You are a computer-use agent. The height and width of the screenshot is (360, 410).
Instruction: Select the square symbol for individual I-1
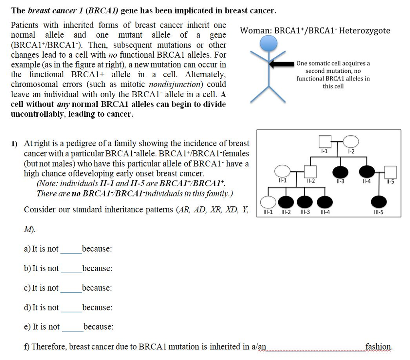point(325,142)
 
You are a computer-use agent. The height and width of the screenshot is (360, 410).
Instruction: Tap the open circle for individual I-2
point(351,142)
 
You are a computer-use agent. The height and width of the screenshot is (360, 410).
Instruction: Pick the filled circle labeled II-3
point(340,172)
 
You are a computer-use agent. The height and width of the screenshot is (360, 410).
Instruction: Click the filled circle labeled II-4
point(367,172)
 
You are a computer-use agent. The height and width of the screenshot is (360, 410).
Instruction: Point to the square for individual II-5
point(390,172)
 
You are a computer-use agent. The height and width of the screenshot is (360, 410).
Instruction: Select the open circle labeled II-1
point(283,172)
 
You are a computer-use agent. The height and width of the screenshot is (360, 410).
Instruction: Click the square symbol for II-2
point(310,172)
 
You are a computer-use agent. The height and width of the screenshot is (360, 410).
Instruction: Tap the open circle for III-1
point(268,202)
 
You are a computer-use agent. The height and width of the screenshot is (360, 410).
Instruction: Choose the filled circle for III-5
point(379,202)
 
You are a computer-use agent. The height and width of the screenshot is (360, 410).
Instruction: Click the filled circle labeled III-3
point(305,202)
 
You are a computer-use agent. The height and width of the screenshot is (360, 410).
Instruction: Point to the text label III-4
point(325,212)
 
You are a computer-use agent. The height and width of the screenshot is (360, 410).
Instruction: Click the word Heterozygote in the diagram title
point(364,31)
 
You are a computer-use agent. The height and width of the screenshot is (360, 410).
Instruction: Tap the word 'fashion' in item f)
point(378,346)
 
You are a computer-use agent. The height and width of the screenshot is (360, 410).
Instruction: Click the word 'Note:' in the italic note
point(47,184)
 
